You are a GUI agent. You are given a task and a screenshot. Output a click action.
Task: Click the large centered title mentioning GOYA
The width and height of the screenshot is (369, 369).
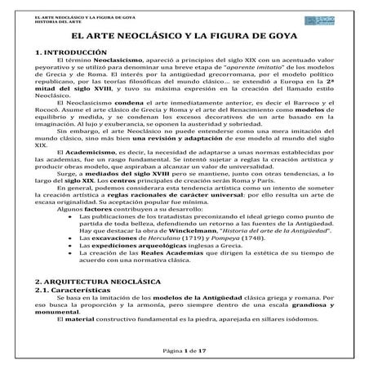click(x=184, y=37)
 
